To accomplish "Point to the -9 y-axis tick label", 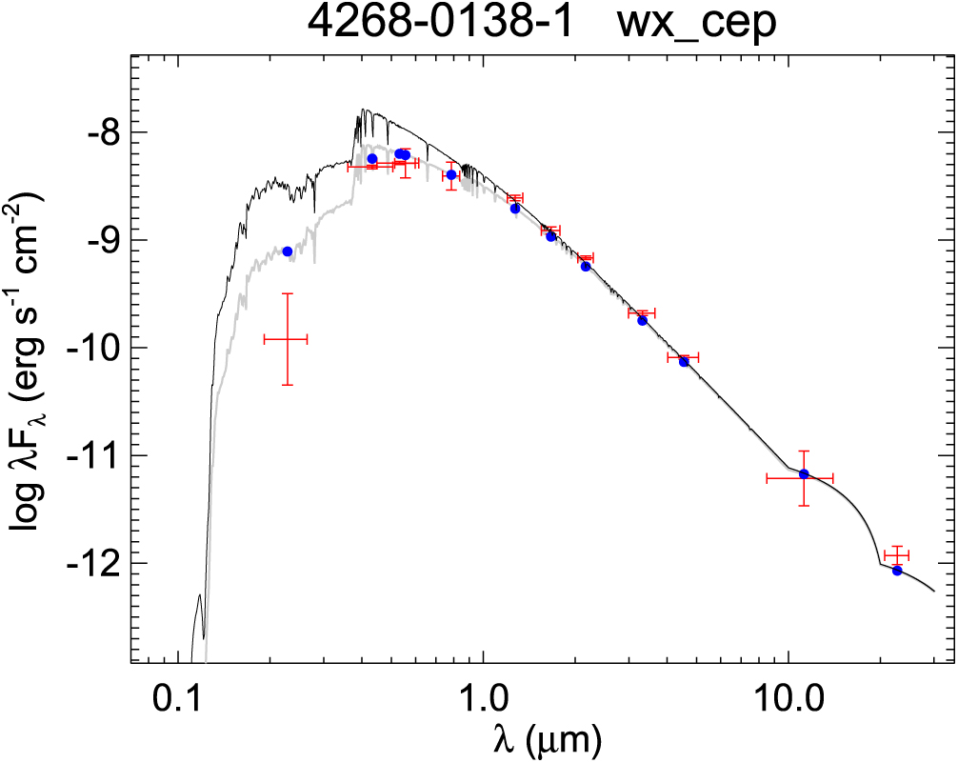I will pyautogui.click(x=99, y=239).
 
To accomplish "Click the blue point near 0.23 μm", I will pyautogui.click(x=288, y=251).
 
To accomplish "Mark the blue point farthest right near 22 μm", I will pyautogui.click(x=897, y=571).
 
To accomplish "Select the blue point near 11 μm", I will pyautogui.click(x=804, y=474).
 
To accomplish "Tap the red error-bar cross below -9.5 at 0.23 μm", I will pyautogui.click(x=287, y=338).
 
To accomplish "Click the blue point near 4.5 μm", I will pyautogui.click(x=684, y=362).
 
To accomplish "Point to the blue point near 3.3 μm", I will pyautogui.click(x=643, y=321).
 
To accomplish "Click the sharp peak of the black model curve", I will pyautogui.click(x=363, y=110).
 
